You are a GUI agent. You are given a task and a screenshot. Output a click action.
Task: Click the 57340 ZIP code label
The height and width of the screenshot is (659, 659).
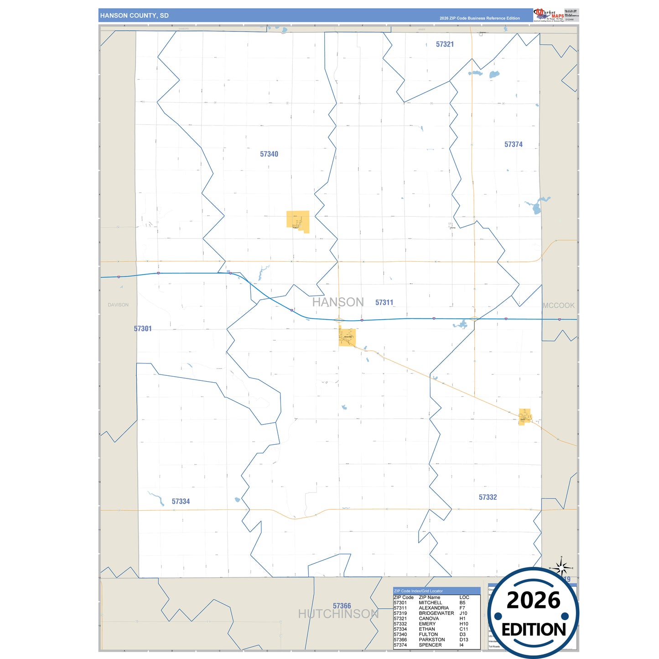[269, 154]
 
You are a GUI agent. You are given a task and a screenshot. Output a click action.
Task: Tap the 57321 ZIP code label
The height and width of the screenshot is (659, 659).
[445, 44]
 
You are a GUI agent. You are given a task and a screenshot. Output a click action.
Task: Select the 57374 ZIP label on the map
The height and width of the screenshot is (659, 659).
[513, 145]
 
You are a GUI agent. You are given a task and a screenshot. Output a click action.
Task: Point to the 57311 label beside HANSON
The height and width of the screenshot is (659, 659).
[384, 302]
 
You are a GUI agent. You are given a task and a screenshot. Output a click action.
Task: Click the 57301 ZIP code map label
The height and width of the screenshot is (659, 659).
[143, 328]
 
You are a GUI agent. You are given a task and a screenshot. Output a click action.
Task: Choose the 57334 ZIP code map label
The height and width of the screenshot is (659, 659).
[181, 501]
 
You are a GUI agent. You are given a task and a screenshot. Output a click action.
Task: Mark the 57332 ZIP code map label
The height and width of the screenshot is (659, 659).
[488, 497]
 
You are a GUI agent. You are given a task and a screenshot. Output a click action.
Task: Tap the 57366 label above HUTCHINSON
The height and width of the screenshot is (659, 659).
[342, 606]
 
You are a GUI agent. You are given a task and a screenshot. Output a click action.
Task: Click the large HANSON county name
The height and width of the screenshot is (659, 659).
[338, 302]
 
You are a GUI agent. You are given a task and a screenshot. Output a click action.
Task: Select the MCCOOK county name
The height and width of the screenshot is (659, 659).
[559, 306]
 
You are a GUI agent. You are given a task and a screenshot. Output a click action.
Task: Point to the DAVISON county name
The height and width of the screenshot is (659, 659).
[118, 305]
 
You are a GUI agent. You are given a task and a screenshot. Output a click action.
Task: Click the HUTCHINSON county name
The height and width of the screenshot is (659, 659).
[338, 614]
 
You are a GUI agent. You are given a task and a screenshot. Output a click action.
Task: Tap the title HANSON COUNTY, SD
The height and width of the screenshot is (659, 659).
[135, 16]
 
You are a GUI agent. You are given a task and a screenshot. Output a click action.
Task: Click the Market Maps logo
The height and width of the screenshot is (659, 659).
[549, 15]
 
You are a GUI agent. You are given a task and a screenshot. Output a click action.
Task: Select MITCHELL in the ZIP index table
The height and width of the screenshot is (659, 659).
[430, 602]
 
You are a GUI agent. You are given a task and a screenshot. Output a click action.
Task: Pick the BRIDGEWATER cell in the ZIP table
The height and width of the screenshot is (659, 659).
[436, 613]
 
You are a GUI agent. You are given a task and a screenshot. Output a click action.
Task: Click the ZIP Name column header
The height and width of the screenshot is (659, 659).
[429, 597]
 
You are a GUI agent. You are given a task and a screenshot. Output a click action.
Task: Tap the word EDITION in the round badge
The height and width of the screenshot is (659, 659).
[533, 630]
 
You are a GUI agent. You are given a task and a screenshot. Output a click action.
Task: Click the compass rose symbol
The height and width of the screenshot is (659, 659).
[561, 568]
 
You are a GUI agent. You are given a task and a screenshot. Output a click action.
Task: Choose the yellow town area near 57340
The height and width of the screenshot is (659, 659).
[298, 221]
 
